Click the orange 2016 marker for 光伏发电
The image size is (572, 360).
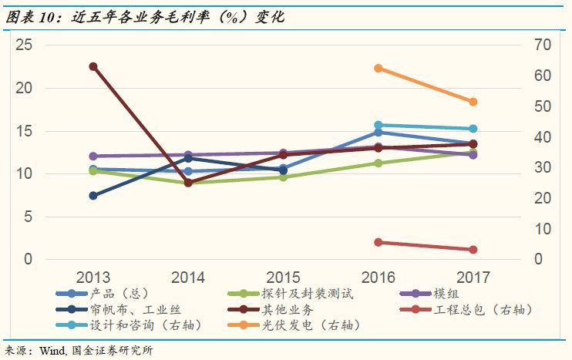(x=379, y=69)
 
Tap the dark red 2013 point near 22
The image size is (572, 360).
(x=93, y=67)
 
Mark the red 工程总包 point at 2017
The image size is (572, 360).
(x=473, y=250)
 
